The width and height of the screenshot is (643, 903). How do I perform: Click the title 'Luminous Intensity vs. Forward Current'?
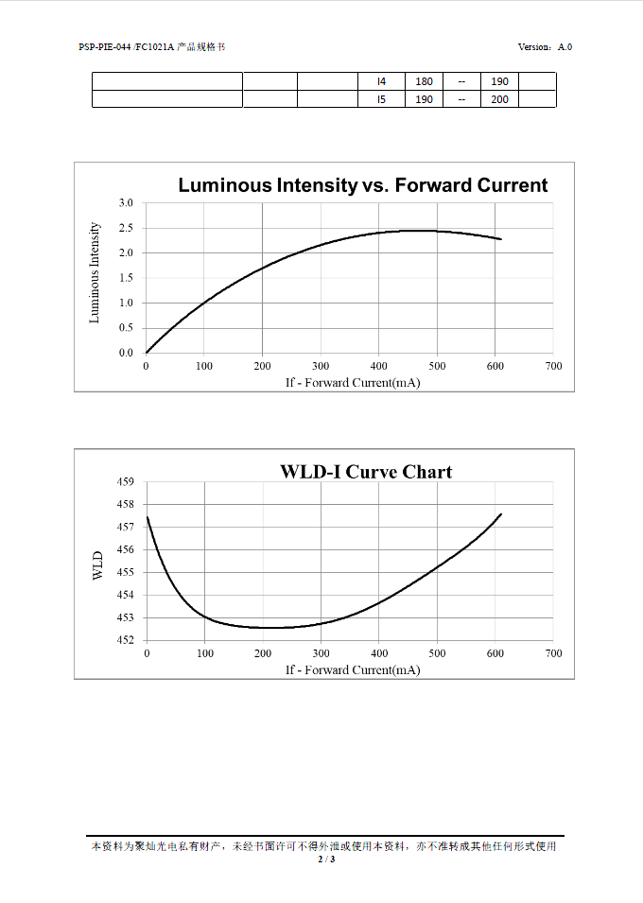point(362,185)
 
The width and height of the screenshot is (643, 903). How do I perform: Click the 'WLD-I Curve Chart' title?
point(366,472)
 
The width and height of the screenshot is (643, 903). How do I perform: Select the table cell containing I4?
point(381,81)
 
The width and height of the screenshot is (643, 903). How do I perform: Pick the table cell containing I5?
point(381,99)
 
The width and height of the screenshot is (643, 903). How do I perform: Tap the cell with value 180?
point(424,81)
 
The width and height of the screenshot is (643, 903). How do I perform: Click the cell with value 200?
point(499,99)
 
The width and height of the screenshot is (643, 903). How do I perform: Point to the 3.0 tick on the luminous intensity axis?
point(126,203)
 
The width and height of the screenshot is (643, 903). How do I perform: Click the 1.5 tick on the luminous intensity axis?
point(126,278)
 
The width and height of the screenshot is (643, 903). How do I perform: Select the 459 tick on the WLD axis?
point(126,481)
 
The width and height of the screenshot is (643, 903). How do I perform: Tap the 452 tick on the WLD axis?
point(126,640)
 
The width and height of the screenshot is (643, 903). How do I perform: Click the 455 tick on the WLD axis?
point(126,572)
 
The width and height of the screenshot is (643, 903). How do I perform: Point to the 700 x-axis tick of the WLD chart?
point(554,653)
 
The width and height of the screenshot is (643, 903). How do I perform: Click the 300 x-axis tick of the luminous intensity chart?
point(321,366)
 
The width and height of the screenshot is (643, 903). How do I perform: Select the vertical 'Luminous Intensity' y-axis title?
point(95,273)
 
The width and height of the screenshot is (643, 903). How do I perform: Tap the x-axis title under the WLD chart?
point(353,669)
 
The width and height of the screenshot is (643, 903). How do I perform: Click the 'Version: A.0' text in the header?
point(545,47)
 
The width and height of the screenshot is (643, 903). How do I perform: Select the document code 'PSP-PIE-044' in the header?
point(104,47)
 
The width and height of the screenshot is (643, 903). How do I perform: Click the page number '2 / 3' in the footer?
point(326,860)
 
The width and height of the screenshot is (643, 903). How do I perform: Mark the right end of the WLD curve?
point(500,514)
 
